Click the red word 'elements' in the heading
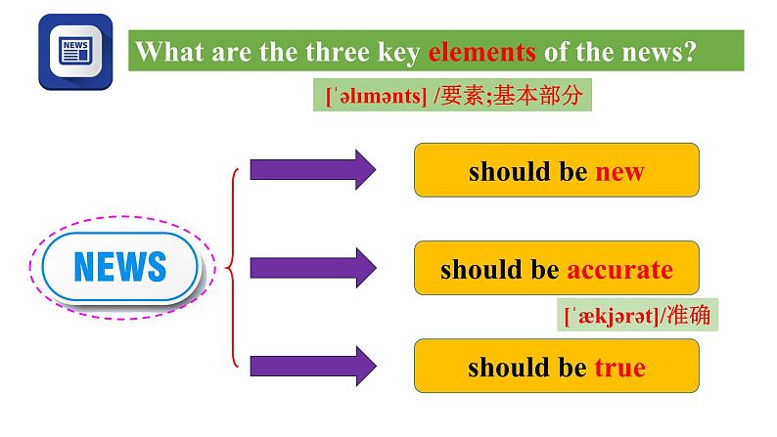tap(481, 53)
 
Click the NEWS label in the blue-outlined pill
tap(120, 265)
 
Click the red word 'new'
tap(619, 173)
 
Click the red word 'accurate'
tap(619, 270)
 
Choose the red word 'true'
tap(619, 369)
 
